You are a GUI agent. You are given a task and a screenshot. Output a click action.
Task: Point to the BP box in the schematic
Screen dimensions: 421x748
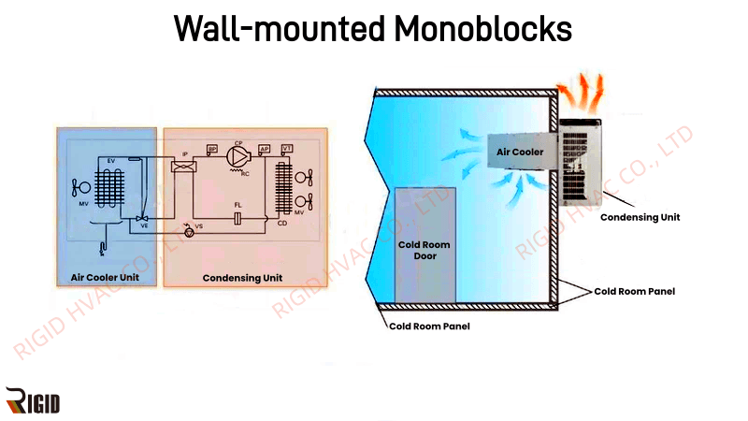click(x=212, y=150)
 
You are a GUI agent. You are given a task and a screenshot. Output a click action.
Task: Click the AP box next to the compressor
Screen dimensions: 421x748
click(x=265, y=150)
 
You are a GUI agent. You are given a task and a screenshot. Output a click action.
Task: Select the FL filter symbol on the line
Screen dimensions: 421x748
click(x=239, y=218)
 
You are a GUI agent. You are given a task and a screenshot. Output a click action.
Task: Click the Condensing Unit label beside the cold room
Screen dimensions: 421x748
click(x=640, y=217)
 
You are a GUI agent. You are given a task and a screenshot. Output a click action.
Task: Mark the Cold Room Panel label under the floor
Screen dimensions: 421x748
click(x=429, y=326)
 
